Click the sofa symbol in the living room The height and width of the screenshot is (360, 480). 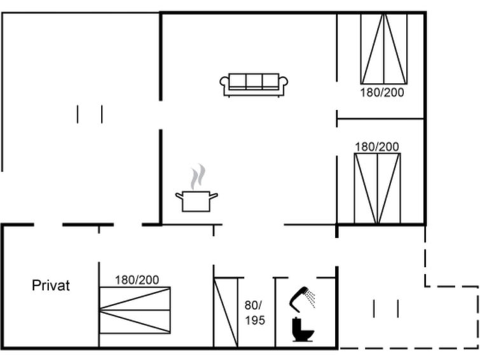254,85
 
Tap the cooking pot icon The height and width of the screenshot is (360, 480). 196,201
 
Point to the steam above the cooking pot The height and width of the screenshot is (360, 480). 198,177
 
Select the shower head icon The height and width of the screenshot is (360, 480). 299,298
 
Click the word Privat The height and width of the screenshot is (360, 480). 51,286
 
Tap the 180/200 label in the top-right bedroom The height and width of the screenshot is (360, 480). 381,92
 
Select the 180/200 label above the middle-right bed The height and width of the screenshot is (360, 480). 377,147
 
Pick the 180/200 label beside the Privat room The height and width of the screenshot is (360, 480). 137,280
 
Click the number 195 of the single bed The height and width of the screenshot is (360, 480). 255,321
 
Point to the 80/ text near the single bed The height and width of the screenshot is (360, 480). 253,305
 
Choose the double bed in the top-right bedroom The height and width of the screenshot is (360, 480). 384,49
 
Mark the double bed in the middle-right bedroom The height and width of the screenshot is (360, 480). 378,189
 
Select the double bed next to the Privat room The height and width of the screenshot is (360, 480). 135,310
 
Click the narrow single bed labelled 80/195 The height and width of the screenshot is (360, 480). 226,312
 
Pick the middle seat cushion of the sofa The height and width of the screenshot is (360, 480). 254,81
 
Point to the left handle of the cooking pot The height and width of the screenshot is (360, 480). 179,195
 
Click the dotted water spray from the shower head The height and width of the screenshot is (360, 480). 311,299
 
